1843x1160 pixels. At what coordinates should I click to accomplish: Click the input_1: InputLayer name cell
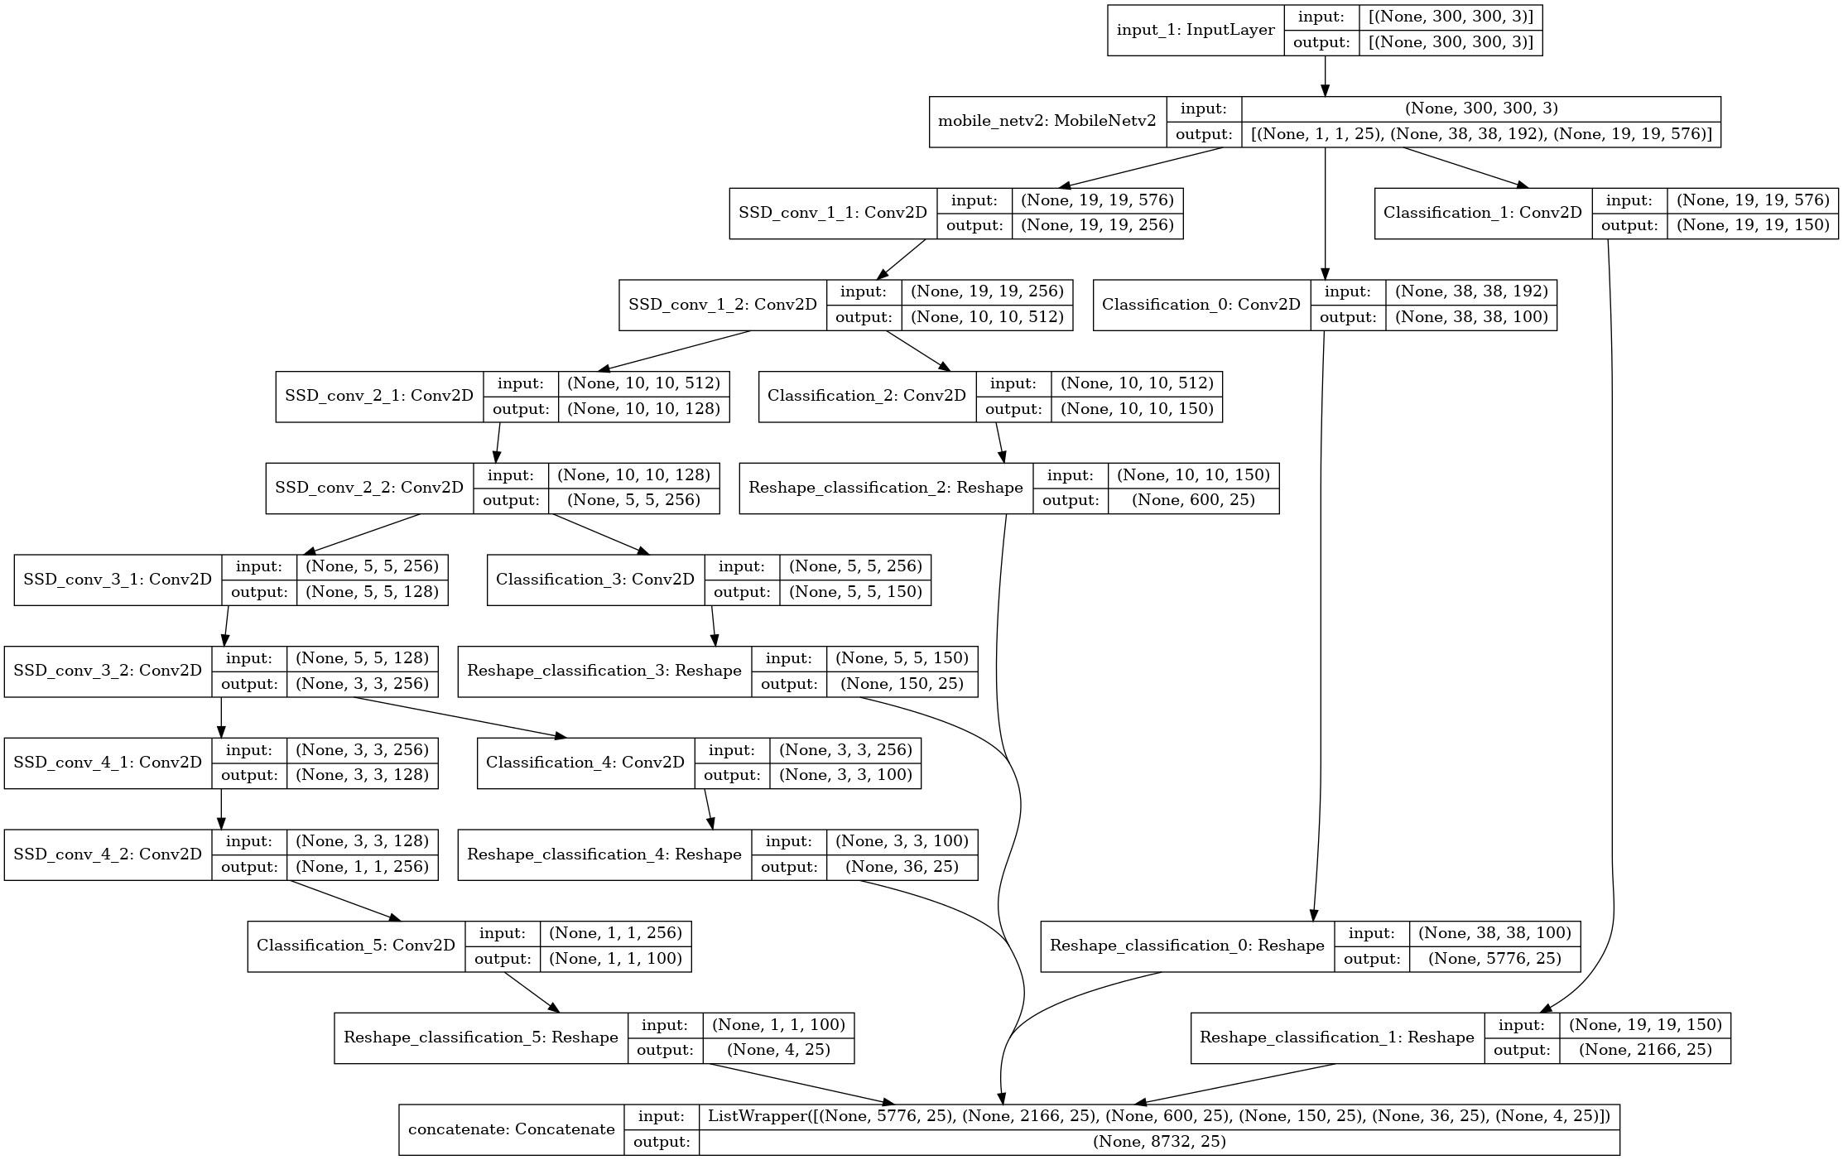pyautogui.click(x=1196, y=31)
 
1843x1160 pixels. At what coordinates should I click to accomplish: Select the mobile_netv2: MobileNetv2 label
pyautogui.click(x=1047, y=122)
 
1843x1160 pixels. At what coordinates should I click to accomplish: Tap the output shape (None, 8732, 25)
pyautogui.click(x=1159, y=1142)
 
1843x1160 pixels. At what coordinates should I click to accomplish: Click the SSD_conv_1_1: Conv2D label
pyautogui.click(x=833, y=213)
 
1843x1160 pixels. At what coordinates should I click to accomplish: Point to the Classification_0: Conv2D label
pyautogui.click(x=1201, y=305)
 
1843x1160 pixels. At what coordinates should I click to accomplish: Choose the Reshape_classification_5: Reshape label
pyautogui.click(x=481, y=1037)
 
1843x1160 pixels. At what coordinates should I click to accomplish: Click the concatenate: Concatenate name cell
pyautogui.click(x=512, y=1129)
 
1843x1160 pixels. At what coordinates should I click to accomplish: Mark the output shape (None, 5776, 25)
pyautogui.click(x=1494, y=959)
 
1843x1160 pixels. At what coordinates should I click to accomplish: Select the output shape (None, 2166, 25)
pyautogui.click(x=1645, y=1051)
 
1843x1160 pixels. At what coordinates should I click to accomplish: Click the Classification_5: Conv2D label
pyautogui.click(x=356, y=946)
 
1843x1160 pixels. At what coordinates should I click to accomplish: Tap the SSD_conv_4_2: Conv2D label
pyautogui.click(x=108, y=854)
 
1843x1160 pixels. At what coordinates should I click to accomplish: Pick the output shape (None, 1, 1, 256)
pyautogui.click(x=363, y=867)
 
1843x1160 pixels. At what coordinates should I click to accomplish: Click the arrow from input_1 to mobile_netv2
pyautogui.click(x=1325, y=76)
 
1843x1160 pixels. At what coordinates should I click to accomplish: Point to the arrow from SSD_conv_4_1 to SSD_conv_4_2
pyautogui.click(x=221, y=809)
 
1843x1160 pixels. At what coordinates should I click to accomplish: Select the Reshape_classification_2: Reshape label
pyautogui.click(x=886, y=488)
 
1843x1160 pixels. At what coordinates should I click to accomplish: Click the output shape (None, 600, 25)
pyautogui.click(x=1193, y=500)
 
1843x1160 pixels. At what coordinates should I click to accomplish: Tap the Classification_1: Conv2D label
pyautogui.click(x=1483, y=213)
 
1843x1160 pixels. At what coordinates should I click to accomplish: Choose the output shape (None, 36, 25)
pyautogui.click(x=902, y=867)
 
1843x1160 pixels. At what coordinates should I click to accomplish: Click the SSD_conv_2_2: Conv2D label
pyautogui.click(x=369, y=488)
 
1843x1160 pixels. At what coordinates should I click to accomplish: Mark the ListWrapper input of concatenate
pyautogui.click(x=1159, y=1116)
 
